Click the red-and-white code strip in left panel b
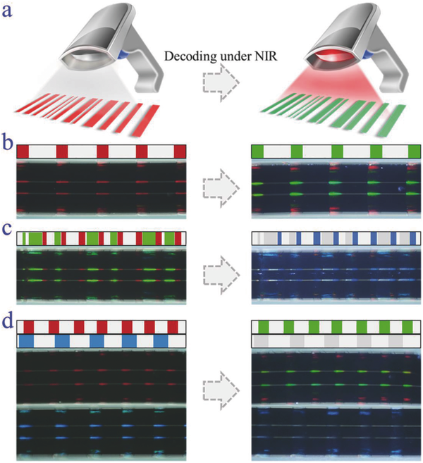pyautogui.click(x=102, y=152)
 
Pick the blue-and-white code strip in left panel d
pyautogui.click(x=102, y=340)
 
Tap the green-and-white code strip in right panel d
pyautogui.click(x=334, y=327)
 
